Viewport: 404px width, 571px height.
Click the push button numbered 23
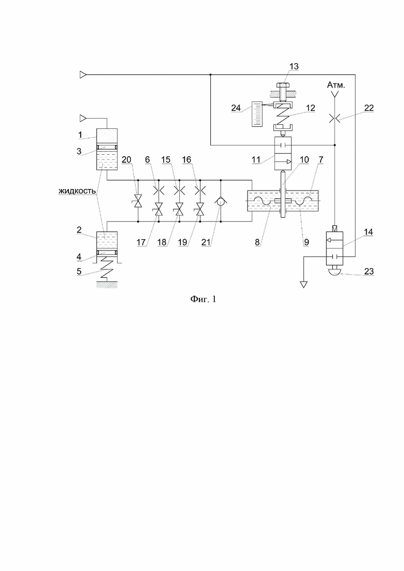coord(335,269)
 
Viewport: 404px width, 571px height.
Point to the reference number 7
coord(321,159)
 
